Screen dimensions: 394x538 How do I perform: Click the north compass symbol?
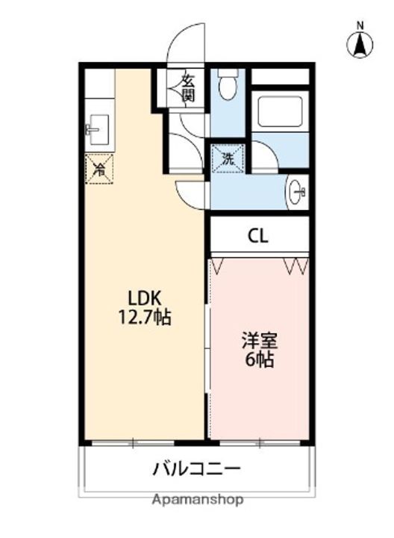pyautogui.click(x=360, y=45)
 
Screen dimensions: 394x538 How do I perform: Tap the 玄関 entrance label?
pyautogui.click(x=187, y=88)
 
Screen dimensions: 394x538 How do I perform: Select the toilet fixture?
pyautogui.click(x=227, y=84)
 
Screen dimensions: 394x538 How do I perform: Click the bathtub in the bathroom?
pyautogui.click(x=280, y=111)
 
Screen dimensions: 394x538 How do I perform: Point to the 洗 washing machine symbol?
pyautogui.click(x=228, y=158)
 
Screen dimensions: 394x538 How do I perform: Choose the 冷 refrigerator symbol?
pyautogui.click(x=99, y=169)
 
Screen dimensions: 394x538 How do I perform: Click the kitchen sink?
pyautogui.click(x=98, y=130)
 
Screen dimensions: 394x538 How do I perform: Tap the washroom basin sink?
pyautogui.click(x=297, y=192)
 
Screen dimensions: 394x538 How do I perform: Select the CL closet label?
pyautogui.click(x=258, y=235)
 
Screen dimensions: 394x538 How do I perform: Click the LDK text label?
pyautogui.click(x=144, y=298)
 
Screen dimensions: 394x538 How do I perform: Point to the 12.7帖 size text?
pyautogui.click(x=144, y=317)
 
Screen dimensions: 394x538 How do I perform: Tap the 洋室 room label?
pyautogui.click(x=260, y=341)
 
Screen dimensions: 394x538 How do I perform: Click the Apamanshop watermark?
pyautogui.click(x=198, y=499)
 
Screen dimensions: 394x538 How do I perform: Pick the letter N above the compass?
pyautogui.click(x=360, y=25)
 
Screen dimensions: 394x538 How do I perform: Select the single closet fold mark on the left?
pyautogui.click(x=218, y=266)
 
